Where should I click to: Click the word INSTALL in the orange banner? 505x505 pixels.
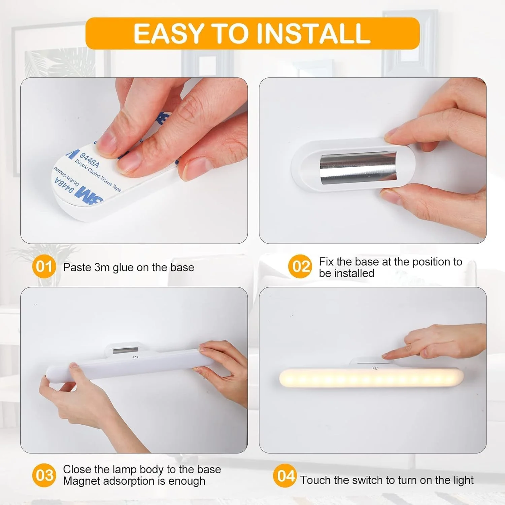(313, 33)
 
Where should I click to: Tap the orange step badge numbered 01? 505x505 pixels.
(44, 267)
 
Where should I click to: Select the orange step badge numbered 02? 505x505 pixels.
(300, 267)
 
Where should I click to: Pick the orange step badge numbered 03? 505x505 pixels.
(44, 475)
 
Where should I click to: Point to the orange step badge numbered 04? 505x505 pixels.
(285, 476)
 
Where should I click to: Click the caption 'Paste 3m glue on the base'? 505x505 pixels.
(129, 267)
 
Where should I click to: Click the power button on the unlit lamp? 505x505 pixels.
(135, 357)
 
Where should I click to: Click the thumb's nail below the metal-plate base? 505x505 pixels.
(391, 196)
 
